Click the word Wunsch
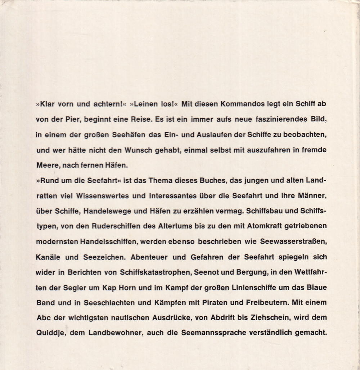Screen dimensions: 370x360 (x=144, y=151)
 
